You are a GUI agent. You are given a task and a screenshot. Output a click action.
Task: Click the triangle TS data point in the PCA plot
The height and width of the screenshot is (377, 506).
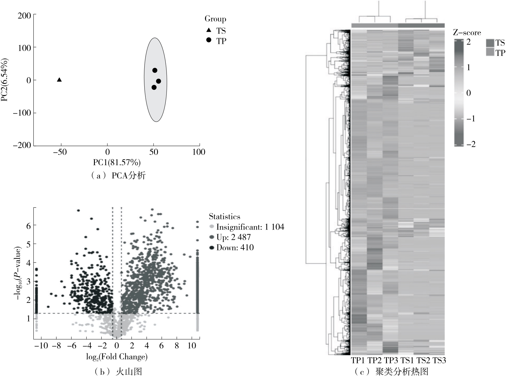[59, 80]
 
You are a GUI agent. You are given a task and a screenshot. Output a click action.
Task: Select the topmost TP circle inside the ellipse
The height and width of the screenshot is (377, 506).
[155, 70]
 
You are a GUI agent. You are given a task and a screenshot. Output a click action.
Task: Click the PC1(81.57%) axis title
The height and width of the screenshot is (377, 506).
[117, 163]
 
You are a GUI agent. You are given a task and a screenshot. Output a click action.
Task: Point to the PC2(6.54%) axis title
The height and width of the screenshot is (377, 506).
[5, 80]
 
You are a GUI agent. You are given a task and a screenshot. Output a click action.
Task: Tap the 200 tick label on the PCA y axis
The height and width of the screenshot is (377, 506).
[25, 15]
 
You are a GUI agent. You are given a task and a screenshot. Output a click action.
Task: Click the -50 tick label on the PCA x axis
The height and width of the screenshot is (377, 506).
[60, 152]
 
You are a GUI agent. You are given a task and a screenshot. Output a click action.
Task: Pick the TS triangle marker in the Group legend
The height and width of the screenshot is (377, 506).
[209, 30]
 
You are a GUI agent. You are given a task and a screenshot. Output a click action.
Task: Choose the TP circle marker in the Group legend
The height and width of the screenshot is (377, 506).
[209, 40]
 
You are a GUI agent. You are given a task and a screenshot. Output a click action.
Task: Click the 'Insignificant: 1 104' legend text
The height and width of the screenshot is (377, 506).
[250, 227]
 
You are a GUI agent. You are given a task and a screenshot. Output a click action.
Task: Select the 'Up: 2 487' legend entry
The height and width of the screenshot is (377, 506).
[233, 237]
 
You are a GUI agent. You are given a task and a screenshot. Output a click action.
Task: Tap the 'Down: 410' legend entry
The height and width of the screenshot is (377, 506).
[235, 248]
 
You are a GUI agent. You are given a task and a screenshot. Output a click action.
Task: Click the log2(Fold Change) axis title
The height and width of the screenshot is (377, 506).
[117, 357]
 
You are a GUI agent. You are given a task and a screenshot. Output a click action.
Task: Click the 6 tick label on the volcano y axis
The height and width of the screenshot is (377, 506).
[29, 226]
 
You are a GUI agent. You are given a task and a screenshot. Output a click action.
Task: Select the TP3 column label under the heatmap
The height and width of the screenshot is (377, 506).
[391, 360]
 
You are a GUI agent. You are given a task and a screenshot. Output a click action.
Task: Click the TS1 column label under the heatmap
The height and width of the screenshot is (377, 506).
[407, 360]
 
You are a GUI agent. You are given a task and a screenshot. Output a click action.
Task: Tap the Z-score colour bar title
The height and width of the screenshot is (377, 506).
[467, 33]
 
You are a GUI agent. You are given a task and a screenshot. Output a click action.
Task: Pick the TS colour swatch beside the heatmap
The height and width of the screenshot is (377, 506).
[490, 43]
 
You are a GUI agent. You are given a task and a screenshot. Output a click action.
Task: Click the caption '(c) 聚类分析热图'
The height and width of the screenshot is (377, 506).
[391, 372]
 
